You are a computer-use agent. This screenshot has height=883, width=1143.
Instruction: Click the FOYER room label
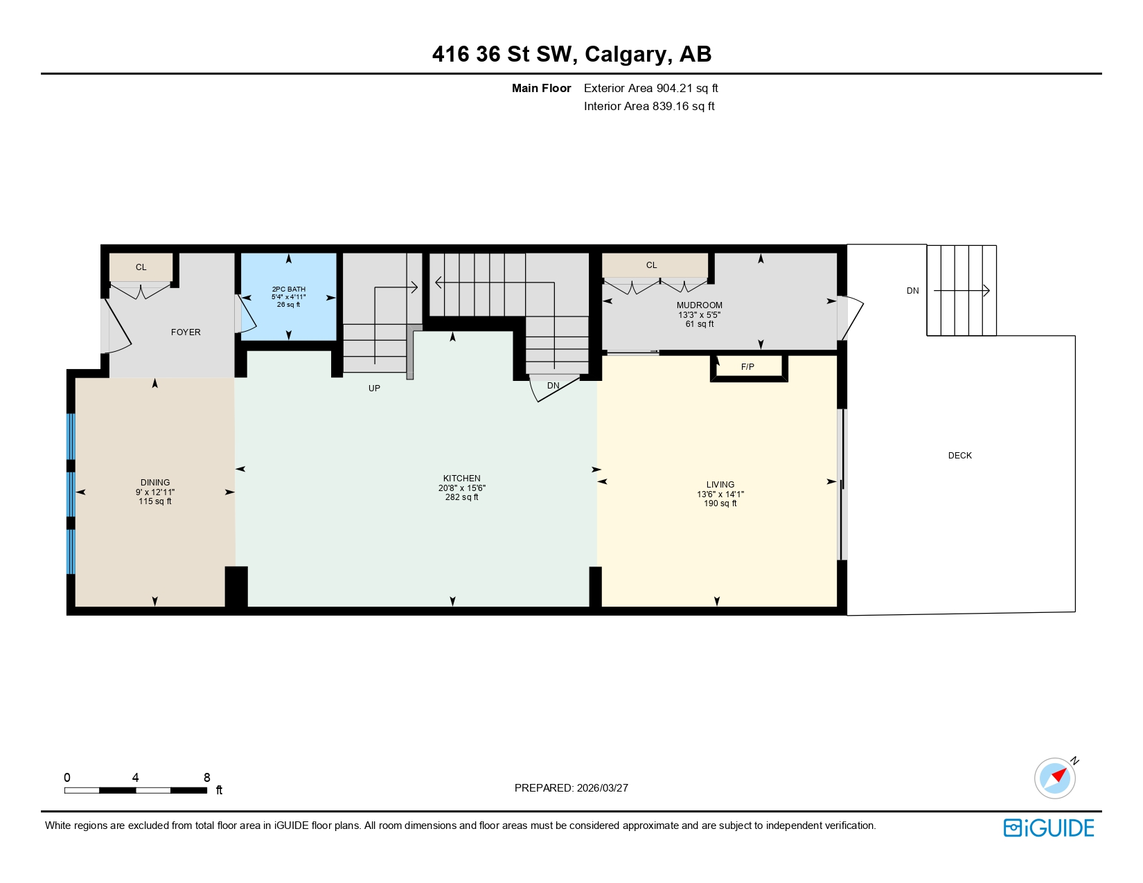point(186,332)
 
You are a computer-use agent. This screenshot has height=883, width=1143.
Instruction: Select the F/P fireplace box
point(748,367)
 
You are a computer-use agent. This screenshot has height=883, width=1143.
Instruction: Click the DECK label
point(959,456)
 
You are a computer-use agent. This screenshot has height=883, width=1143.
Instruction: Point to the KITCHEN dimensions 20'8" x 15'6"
point(461,488)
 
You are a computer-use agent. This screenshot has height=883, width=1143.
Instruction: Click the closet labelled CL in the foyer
point(141,267)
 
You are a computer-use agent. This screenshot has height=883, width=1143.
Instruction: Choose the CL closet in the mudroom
point(651,265)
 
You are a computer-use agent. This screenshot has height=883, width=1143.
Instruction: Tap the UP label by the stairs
point(374,389)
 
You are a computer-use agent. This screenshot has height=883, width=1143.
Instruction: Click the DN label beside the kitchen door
point(553,386)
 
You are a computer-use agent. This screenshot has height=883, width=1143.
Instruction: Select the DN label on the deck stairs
point(912,291)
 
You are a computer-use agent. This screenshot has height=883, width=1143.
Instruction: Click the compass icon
point(1054,778)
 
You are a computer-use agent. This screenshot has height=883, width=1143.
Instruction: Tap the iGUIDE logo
point(1048,828)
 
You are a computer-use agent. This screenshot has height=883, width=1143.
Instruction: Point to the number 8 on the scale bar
point(206,778)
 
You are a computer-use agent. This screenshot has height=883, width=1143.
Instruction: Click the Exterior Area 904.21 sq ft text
point(650,88)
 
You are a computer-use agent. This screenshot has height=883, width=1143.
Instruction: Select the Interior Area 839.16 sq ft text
point(649,106)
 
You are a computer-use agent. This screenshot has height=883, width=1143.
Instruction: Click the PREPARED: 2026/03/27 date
point(571,788)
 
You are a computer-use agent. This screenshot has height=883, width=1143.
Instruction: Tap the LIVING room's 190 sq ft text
point(720,503)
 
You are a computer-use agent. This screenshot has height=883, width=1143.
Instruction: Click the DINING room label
point(155,483)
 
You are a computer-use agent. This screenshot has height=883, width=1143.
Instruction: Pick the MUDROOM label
point(699,305)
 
